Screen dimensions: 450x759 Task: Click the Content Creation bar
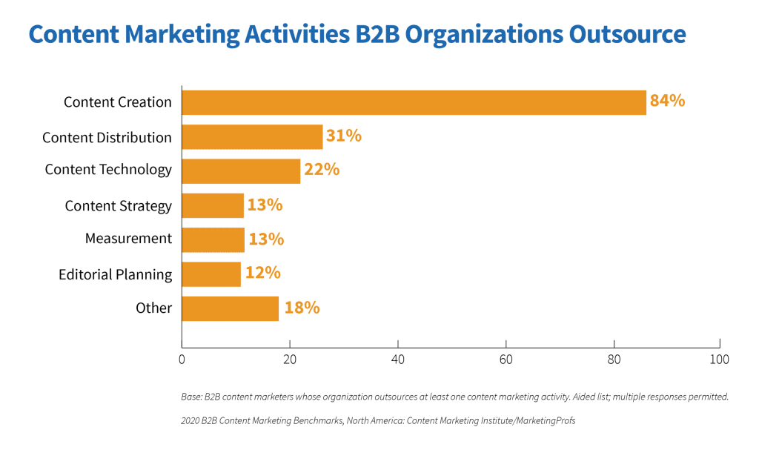(x=414, y=102)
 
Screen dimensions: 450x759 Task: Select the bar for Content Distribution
(x=252, y=137)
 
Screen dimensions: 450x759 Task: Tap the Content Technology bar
(x=241, y=171)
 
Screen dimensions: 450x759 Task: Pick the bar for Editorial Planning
(x=211, y=274)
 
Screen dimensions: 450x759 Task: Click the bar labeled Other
(x=230, y=308)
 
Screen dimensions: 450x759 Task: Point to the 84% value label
(x=667, y=101)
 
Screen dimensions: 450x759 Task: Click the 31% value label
(x=343, y=136)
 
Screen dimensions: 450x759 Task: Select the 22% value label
(x=321, y=170)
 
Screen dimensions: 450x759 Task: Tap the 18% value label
(x=301, y=308)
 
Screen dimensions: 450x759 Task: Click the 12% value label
(x=262, y=273)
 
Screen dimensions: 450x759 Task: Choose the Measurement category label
(x=128, y=239)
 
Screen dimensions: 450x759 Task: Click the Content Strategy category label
(x=119, y=206)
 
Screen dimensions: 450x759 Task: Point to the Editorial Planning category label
(x=115, y=275)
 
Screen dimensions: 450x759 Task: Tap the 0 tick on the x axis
(x=182, y=360)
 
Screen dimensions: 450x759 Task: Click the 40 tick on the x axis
(x=398, y=360)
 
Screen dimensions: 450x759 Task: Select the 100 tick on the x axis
(x=719, y=360)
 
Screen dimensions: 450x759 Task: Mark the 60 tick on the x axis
(x=506, y=360)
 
